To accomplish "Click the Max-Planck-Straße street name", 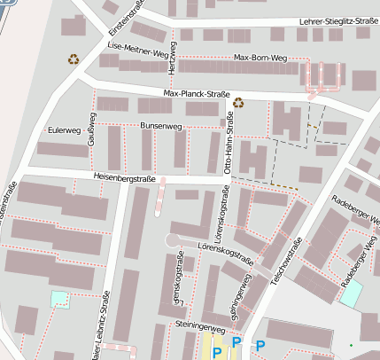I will coord(196,93).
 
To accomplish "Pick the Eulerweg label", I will coord(64,130).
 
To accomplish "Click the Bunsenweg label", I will coord(160,127).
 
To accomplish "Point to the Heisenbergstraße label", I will coord(124,178).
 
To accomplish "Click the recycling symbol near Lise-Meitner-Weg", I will coord(73,59).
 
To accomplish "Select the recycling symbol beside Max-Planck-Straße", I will coord(237,102).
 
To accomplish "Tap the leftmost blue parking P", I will coord(215,354).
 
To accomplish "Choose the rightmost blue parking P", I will coord(260,345).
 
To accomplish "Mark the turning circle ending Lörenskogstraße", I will coord(171,240).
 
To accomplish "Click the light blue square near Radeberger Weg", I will coord(351,294).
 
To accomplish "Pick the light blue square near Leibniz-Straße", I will coord(59,299).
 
